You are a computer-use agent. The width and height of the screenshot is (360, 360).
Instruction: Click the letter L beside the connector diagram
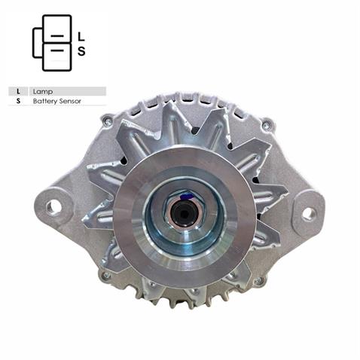81,35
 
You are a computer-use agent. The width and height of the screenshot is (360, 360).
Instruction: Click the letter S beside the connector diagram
81,51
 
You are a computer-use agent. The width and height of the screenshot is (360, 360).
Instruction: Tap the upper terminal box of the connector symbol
57,29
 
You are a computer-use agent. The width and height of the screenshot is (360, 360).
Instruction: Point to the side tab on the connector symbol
37,42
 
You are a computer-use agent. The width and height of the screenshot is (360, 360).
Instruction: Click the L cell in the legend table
17,91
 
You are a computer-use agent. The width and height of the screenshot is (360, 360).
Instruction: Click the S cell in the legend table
17,100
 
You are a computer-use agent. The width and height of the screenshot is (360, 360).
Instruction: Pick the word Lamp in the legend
43,91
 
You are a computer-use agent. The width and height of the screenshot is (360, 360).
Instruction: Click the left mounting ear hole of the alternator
53,206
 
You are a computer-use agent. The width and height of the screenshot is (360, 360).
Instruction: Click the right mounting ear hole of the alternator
308,213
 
